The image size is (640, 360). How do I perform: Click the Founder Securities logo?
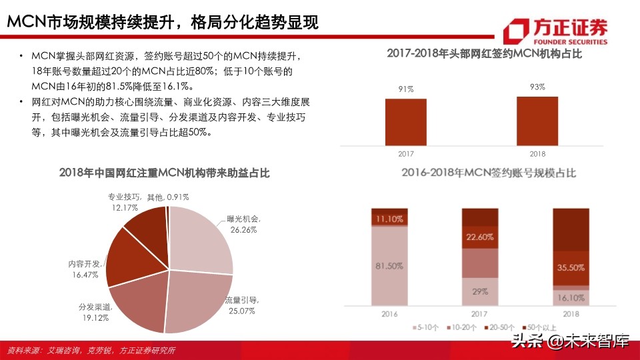pos(556,31)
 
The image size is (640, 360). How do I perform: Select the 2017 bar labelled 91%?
pos(405,121)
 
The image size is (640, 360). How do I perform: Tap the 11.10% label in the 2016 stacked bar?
pos(389,219)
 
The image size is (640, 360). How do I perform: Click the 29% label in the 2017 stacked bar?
pos(480,291)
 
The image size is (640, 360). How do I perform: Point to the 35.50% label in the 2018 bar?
pos(571,268)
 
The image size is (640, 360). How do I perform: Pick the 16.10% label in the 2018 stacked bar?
pos(571,299)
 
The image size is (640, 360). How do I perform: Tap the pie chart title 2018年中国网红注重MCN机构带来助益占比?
pos(164,173)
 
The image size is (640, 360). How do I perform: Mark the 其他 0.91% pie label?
pos(168,197)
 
